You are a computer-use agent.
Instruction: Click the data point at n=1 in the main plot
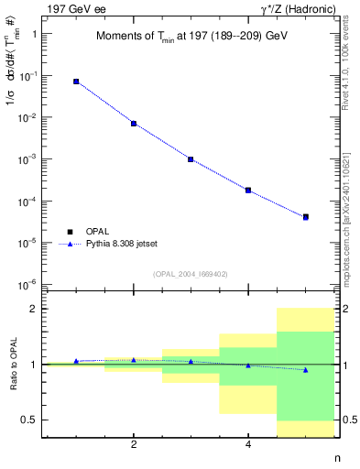click(76, 82)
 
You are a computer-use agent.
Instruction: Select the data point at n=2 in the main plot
click(134, 123)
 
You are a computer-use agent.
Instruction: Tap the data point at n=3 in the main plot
click(191, 158)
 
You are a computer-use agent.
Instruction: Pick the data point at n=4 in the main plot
click(248, 190)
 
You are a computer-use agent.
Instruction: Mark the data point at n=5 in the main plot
click(305, 217)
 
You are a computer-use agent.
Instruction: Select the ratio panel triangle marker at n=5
click(305, 370)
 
